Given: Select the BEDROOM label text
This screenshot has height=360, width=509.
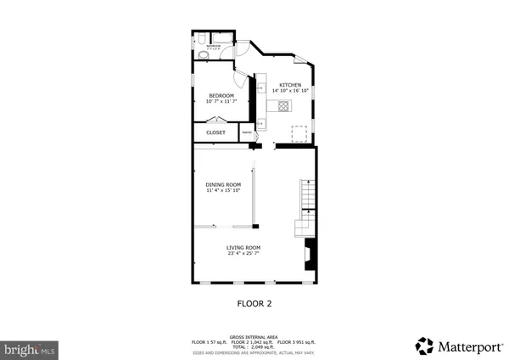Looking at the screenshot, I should pos(221,95).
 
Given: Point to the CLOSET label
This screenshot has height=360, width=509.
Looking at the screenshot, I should pos(215,132).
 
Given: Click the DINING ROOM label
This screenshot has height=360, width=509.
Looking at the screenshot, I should pos(223,184).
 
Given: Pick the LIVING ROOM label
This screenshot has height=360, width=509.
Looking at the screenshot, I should pos(243,247).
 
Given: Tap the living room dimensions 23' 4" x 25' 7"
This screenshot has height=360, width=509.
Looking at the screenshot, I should pos(243,253).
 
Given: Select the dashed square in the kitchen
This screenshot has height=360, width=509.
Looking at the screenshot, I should pos(299,132).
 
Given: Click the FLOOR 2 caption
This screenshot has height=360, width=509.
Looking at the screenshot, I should pos(253,302).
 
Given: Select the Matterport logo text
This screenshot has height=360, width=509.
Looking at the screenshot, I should pos(469,346).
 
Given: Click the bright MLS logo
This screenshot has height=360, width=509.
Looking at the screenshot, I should pos(29,348).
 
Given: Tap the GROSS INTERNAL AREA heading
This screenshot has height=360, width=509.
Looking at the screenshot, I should pos(253,336).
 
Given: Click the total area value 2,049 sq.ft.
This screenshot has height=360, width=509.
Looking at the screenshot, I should pos(264,346).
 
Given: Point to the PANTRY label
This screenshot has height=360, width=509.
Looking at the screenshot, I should pos(247,132).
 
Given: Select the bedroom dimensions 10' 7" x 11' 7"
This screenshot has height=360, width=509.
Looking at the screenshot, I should pos(221,101).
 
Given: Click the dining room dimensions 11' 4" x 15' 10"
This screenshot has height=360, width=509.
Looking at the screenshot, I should pos(223,190).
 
